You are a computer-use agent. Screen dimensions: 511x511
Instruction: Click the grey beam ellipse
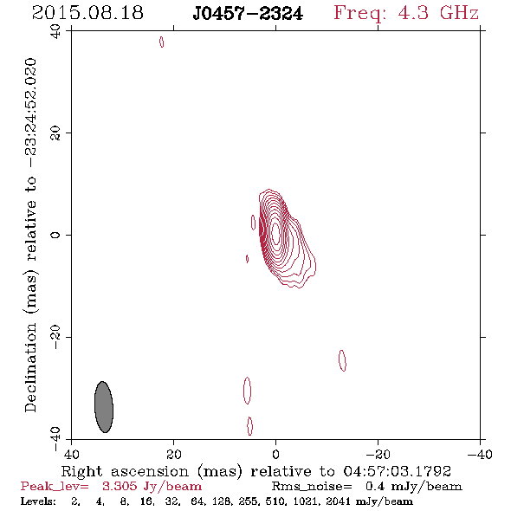pos(104,407)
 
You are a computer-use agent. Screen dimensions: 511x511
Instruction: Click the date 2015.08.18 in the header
pos(87,13)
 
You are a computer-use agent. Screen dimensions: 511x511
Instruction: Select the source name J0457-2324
pos(248,14)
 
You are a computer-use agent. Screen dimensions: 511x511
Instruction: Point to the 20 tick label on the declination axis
pos(55,133)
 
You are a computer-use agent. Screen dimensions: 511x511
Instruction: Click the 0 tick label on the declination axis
pos(55,235)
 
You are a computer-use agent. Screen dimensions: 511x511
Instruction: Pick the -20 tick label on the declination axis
pos(55,337)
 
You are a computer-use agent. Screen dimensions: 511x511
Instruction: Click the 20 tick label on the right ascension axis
pos(174,454)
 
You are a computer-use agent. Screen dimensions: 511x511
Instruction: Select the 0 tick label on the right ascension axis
pos(275,454)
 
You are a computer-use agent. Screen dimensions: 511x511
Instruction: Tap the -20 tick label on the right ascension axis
pos(378,454)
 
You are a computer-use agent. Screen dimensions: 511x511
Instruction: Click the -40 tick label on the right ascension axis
pos(480,454)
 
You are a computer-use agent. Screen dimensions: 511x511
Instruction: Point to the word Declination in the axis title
pos(30,367)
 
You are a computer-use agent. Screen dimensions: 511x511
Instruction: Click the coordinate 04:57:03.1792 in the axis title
pos(397,471)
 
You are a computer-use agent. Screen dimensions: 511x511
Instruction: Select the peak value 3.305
pos(120,486)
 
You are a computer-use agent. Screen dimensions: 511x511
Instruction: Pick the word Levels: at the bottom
pos(38,501)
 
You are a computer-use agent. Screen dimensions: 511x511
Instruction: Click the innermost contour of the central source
pos(275,233)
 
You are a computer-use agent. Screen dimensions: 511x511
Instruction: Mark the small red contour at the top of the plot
pos(162,42)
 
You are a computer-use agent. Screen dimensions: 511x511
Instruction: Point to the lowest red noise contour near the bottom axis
pos(250,426)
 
